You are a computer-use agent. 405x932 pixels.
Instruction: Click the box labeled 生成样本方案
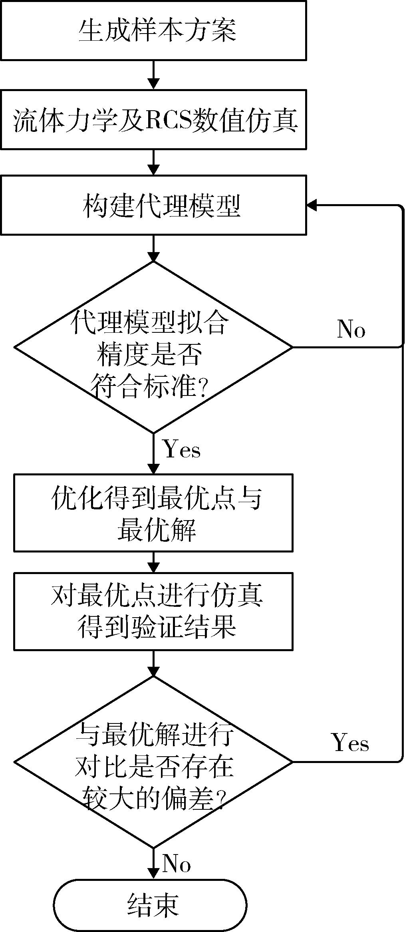(153, 30)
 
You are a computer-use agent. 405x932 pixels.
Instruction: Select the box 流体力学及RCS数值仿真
(153, 119)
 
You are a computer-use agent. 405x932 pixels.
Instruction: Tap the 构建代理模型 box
(153, 205)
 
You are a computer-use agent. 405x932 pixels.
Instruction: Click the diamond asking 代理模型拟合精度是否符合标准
(153, 347)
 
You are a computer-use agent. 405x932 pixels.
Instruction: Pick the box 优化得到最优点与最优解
(153, 513)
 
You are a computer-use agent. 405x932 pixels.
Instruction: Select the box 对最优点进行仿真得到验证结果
(153, 611)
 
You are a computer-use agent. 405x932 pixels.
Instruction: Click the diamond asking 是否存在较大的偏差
(153, 762)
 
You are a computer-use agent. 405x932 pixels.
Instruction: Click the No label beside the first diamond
(351, 330)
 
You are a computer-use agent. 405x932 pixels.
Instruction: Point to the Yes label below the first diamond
(182, 449)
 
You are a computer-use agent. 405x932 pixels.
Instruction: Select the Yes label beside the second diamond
(350, 743)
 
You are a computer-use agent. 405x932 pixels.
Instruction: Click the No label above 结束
(177, 864)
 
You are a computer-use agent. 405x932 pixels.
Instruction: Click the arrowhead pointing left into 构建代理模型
(312, 205)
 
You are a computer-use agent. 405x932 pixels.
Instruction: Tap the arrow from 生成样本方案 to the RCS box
(153, 75)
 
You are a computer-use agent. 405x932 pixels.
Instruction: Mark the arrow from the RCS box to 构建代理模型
(153, 162)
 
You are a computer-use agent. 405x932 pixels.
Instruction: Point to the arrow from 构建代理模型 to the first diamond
(153, 248)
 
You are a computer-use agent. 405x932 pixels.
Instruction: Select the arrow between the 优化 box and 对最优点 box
(153, 562)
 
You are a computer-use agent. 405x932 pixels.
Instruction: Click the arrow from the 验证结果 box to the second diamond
(153, 663)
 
